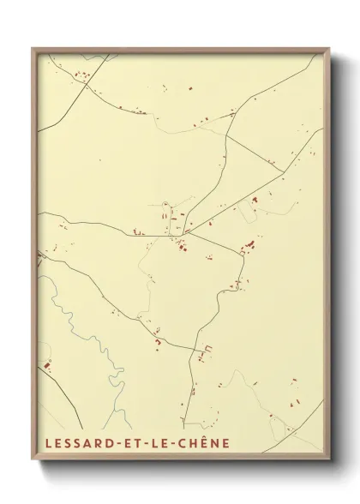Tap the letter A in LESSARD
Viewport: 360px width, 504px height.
pos(86,443)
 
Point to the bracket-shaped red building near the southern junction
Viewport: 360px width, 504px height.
pos(205,351)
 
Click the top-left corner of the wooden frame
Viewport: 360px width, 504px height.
pos(33,49)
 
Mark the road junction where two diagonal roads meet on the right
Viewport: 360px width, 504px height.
pos(284,171)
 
